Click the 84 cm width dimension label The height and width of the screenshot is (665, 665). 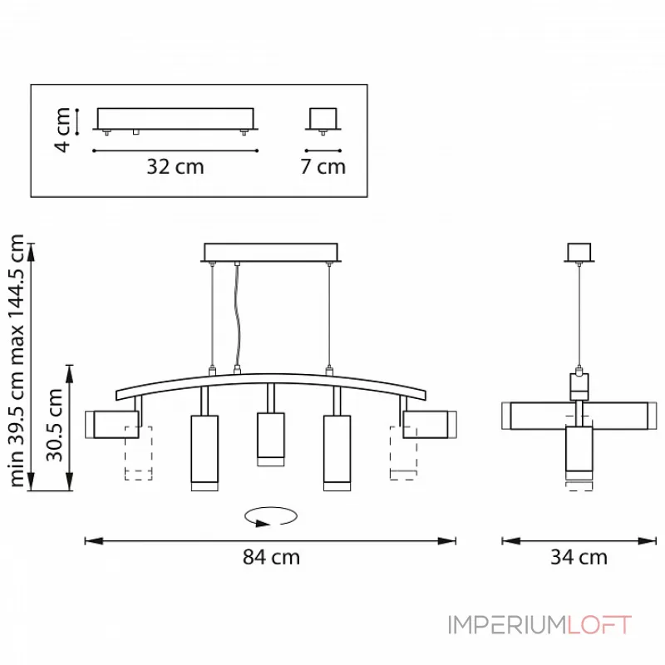click(x=271, y=557)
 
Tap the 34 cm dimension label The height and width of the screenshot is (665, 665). click(x=579, y=557)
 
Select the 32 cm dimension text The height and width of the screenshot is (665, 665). click(x=175, y=167)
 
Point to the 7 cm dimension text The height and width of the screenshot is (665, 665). click(x=323, y=166)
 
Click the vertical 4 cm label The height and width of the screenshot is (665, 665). click(x=62, y=130)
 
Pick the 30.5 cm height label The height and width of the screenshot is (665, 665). click(x=54, y=425)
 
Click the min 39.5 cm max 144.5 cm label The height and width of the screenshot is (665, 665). click(x=16, y=361)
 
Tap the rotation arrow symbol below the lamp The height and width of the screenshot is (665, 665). click(x=271, y=516)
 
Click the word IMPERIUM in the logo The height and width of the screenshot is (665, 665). click(x=507, y=625)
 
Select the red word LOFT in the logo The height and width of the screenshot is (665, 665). click(x=599, y=625)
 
